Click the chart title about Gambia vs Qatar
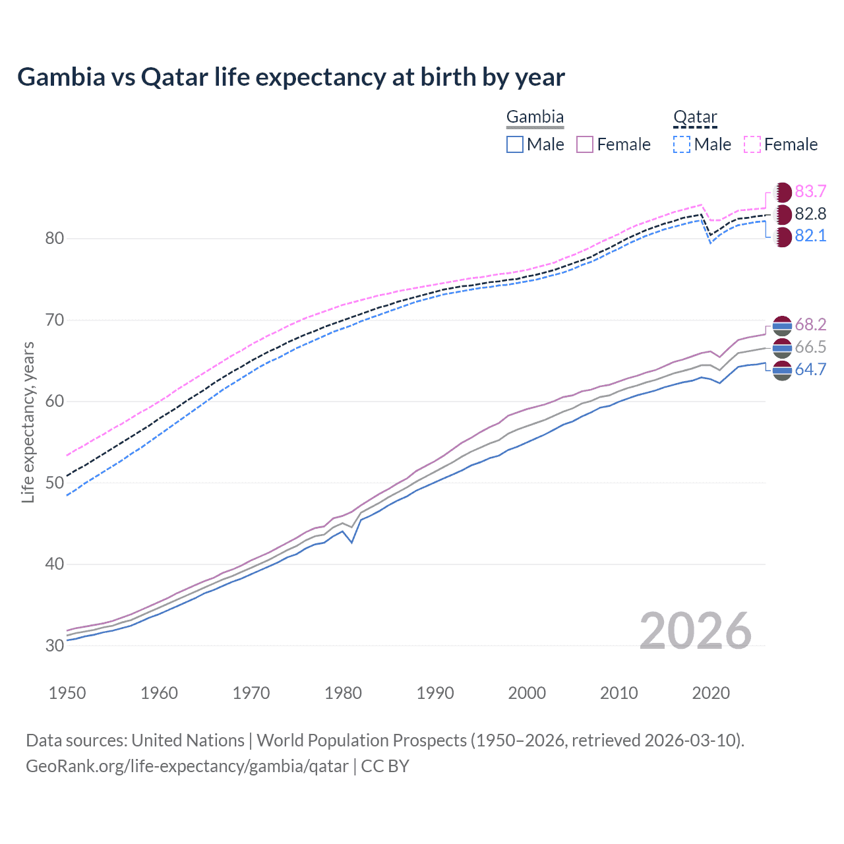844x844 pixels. click(x=291, y=77)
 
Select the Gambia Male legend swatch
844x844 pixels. click(x=515, y=144)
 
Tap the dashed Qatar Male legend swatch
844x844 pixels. click(x=682, y=144)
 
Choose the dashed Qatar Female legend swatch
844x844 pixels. click(x=752, y=144)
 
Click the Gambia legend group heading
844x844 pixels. click(x=535, y=117)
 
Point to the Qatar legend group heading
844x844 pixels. click(x=695, y=117)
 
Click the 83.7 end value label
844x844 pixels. click(x=810, y=191)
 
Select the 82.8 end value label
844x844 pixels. click(x=810, y=214)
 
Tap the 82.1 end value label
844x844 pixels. click(x=810, y=236)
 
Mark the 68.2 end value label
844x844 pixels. click(x=810, y=324)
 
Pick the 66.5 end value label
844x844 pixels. click(x=810, y=347)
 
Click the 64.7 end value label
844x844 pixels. click(x=810, y=369)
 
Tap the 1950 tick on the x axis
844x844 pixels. click(x=67, y=693)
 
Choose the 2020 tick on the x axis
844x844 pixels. click(x=711, y=693)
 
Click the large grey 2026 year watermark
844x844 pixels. click(x=696, y=631)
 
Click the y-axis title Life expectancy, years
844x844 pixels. click(x=28, y=422)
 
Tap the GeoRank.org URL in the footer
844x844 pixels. click(x=187, y=766)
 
